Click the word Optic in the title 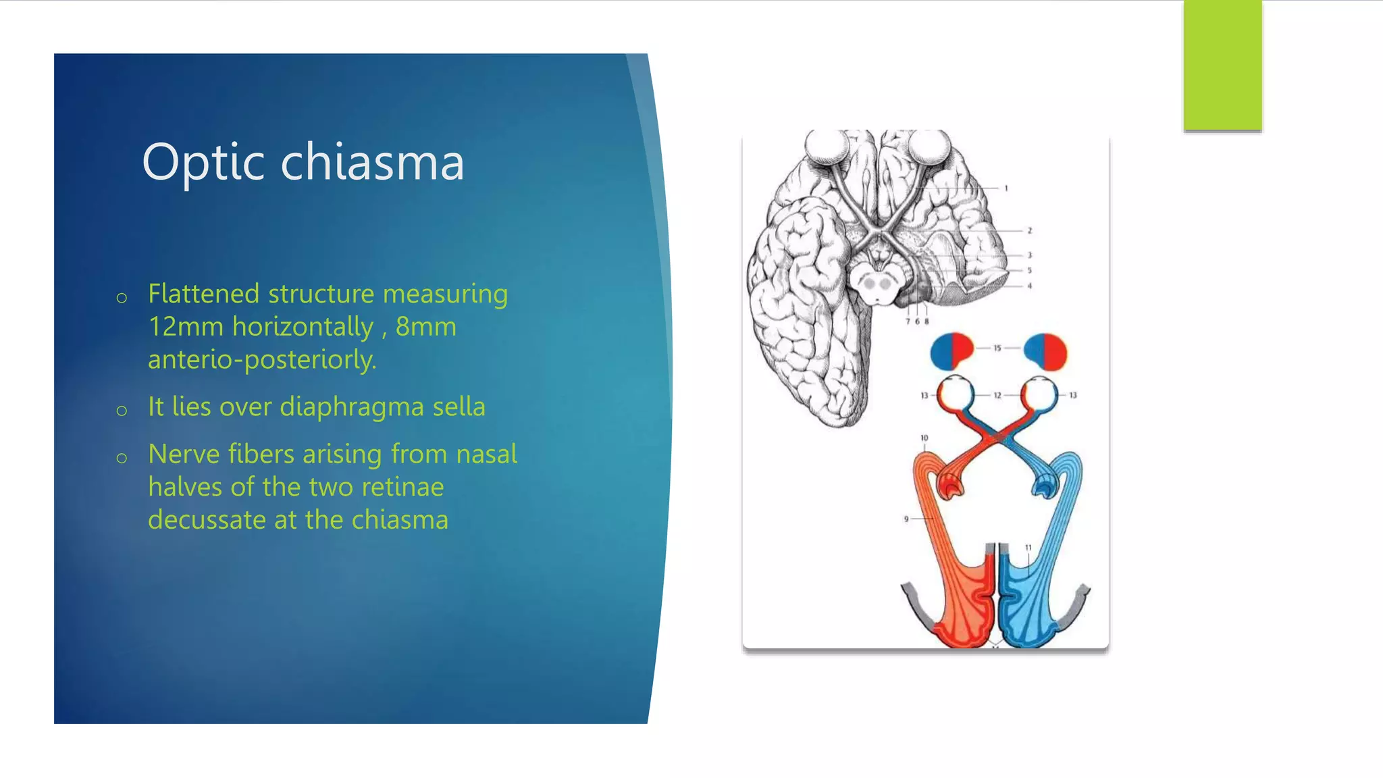click(x=203, y=163)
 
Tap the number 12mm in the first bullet click(x=186, y=327)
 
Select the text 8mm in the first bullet click(x=425, y=327)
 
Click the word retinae click(x=402, y=487)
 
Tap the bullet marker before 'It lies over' click(x=122, y=411)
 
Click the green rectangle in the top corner click(x=1222, y=65)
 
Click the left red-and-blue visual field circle click(x=951, y=351)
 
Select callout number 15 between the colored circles click(x=997, y=348)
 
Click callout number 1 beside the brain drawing click(x=1006, y=188)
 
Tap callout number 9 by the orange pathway click(x=906, y=519)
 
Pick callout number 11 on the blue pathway click(x=1028, y=548)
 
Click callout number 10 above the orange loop click(x=924, y=438)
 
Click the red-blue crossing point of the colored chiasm click(x=999, y=438)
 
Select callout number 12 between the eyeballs click(x=997, y=395)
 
